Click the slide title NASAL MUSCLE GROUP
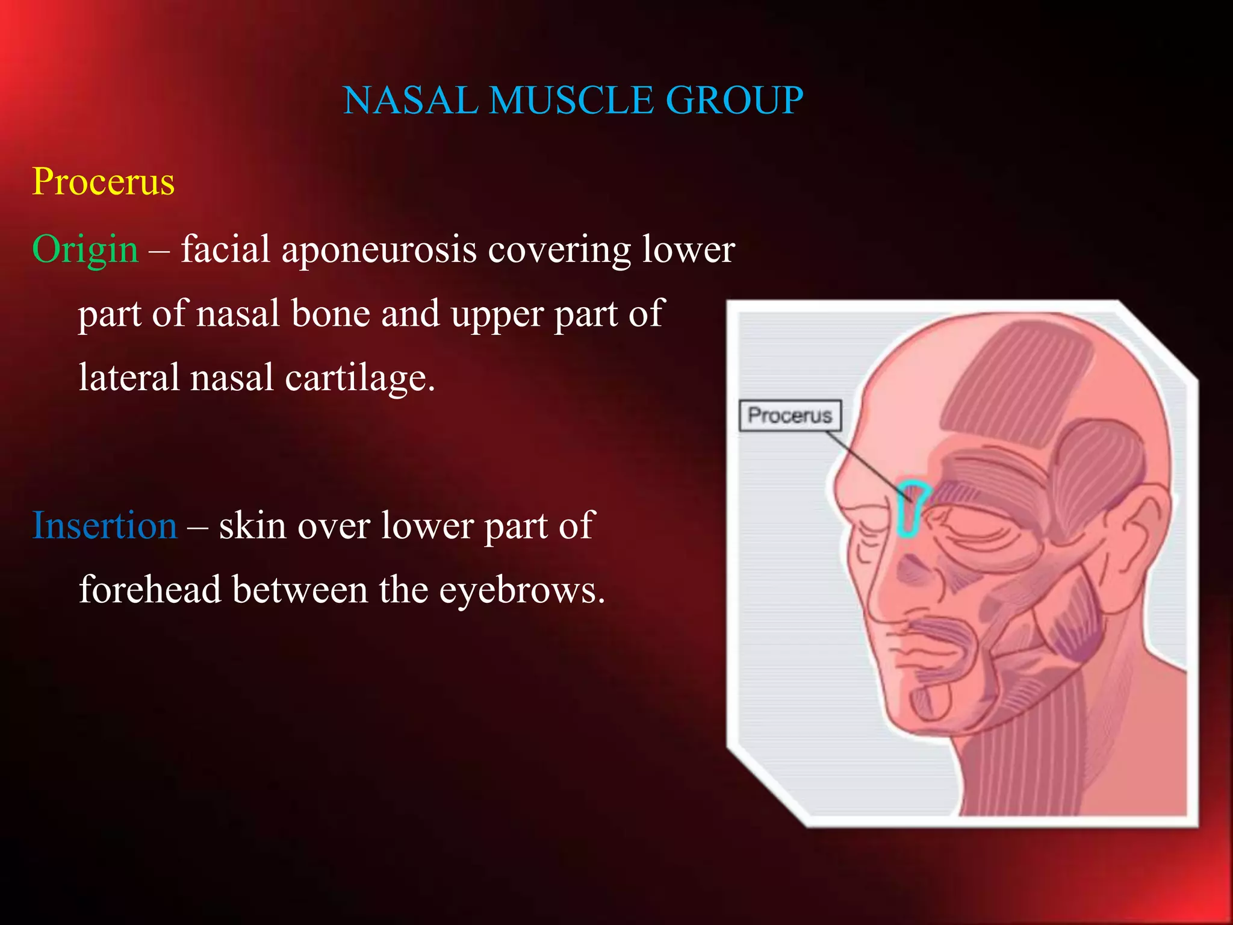pyautogui.click(x=573, y=100)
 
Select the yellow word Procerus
pyautogui.click(x=104, y=181)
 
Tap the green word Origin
pyautogui.click(x=85, y=249)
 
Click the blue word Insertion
pyautogui.click(x=104, y=525)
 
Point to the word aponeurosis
pyautogui.click(x=379, y=249)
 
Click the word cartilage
pyautogui.click(x=359, y=378)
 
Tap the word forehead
pyautogui.click(x=150, y=590)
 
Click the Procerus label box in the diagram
pyautogui.click(x=790, y=416)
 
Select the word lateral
pyautogui.click(x=129, y=378)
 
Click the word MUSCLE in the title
pyautogui.click(x=571, y=100)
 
